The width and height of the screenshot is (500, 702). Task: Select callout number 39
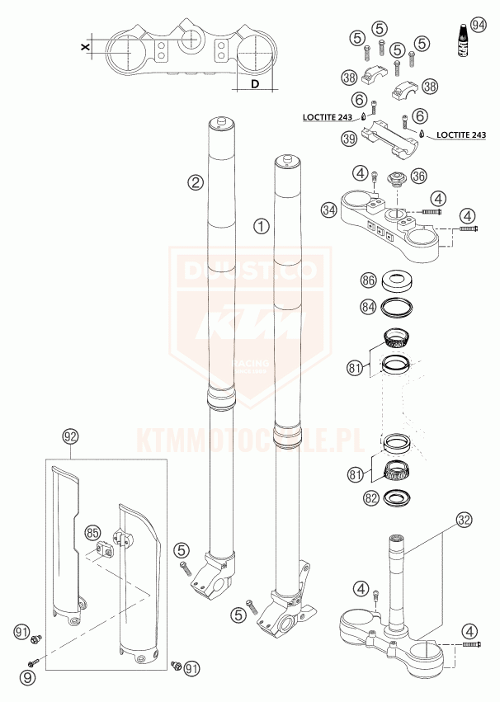tap(349, 139)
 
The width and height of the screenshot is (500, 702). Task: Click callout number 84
tap(369, 307)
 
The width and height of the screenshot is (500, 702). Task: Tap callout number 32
tap(465, 520)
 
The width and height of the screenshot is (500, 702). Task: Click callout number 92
tap(69, 434)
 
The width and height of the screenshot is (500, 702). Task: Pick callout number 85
tap(92, 532)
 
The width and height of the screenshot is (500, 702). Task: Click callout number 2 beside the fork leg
tap(195, 182)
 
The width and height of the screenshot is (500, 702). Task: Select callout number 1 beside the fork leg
tap(262, 224)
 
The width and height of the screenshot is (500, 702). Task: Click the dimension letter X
tap(86, 48)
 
